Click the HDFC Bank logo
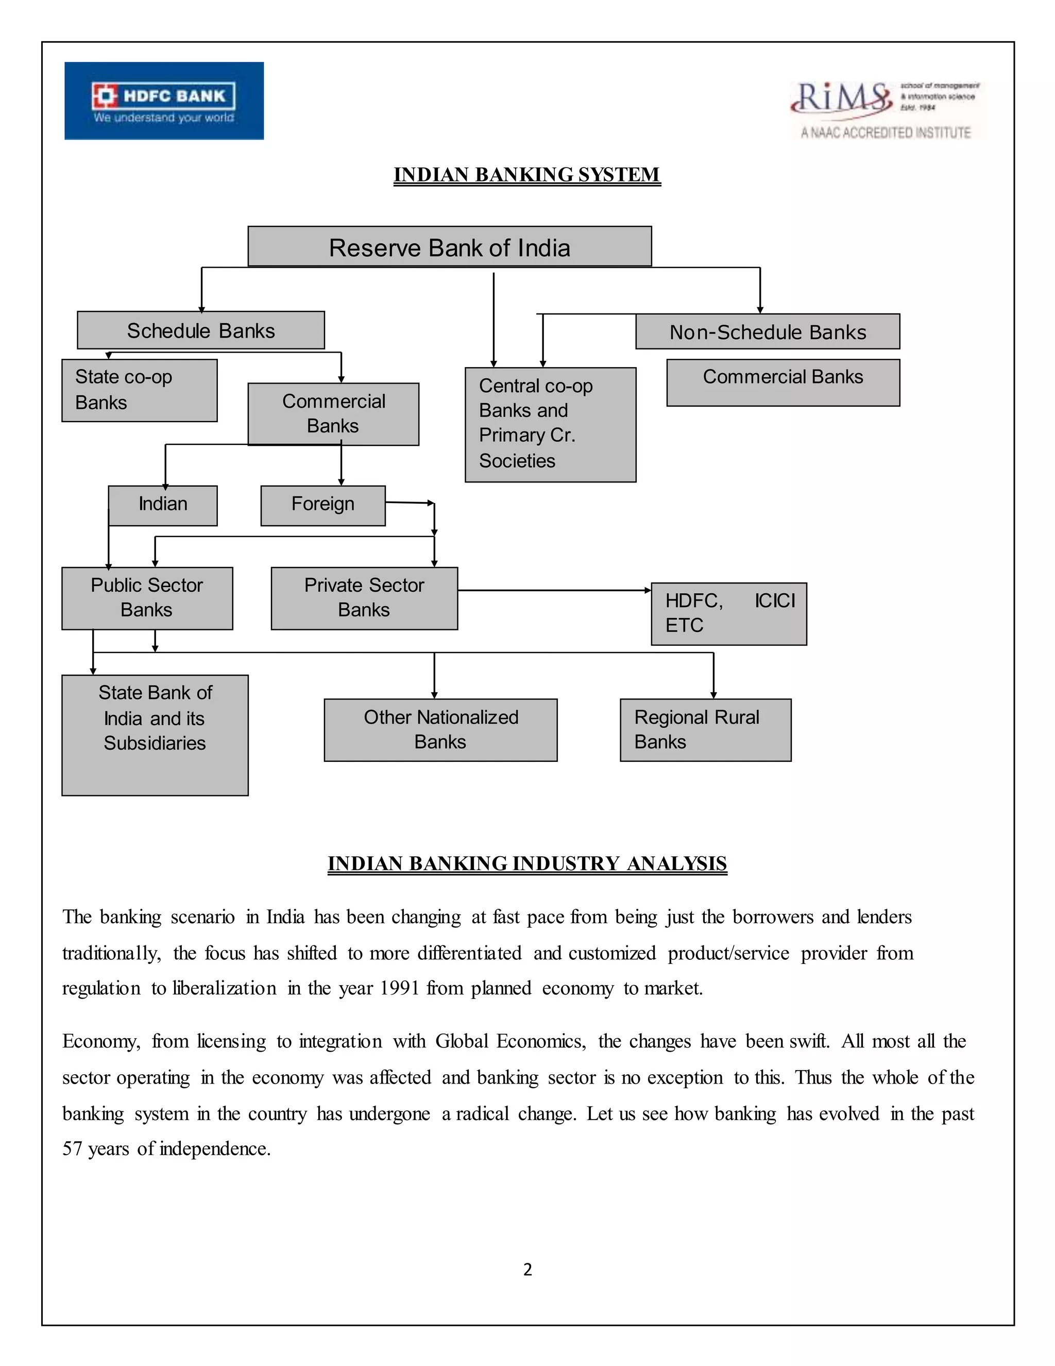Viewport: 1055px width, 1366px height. [x=164, y=101]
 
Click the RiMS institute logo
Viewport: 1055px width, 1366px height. [x=886, y=109]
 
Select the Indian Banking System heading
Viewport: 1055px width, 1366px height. [x=527, y=175]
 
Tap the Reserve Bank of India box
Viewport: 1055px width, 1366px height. [x=449, y=247]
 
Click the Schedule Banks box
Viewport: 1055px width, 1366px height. [x=200, y=330]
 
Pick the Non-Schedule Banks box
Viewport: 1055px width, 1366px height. [x=768, y=331]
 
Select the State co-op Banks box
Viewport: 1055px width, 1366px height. [x=140, y=390]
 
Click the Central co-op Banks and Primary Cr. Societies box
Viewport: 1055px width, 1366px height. [x=550, y=424]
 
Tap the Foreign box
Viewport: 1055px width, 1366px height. [x=322, y=505]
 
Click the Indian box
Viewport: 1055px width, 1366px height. [x=162, y=505]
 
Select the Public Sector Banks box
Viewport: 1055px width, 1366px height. [x=147, y=598]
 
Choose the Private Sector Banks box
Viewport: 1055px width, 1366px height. [x=364, y=598]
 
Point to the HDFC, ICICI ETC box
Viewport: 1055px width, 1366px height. [x=729, y=613]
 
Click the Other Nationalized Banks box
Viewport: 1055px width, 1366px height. [x=440, y=729]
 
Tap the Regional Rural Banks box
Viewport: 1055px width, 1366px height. [x=705, y=729]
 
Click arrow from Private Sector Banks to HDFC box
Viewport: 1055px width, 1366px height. [x=553, y=590]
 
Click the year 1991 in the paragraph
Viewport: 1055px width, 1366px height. [x=399, y=988]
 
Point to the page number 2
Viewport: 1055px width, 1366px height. [x=527, y=1269]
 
